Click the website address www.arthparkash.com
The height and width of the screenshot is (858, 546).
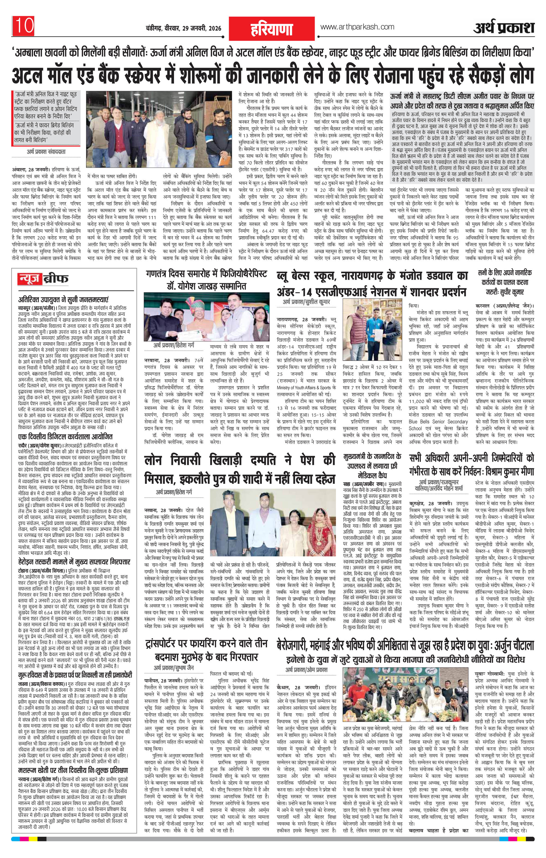[x=357, y=27]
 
